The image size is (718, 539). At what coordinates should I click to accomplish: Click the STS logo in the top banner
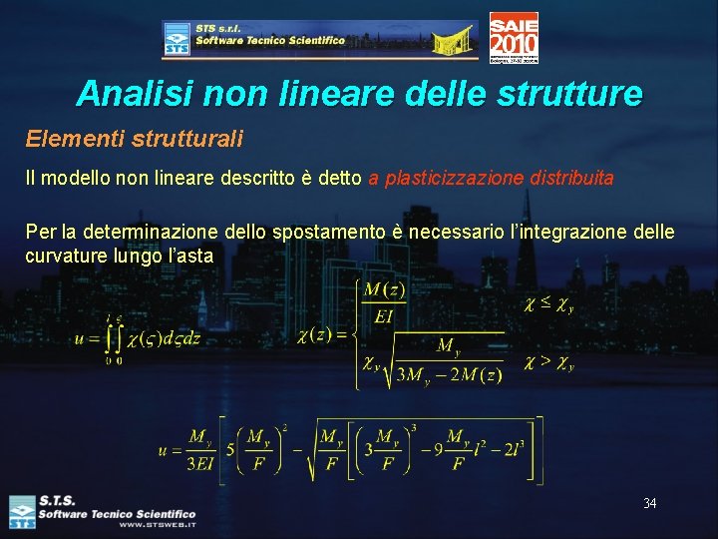pyautogui.click(x=177, y=40)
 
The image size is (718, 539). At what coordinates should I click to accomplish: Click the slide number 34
pyautogui.click(x=649, y=503)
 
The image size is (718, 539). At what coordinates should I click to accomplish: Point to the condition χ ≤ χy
pyautogui.click(x=548, y=302)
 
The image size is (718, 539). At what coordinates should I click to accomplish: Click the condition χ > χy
pyautogui.click(x=548, y=363)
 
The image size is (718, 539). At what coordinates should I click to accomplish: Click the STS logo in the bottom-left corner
pyautogui.click(x=21, y=511)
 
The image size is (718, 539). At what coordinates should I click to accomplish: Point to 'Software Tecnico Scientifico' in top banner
pyautogui.click(x=270, y=41)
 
